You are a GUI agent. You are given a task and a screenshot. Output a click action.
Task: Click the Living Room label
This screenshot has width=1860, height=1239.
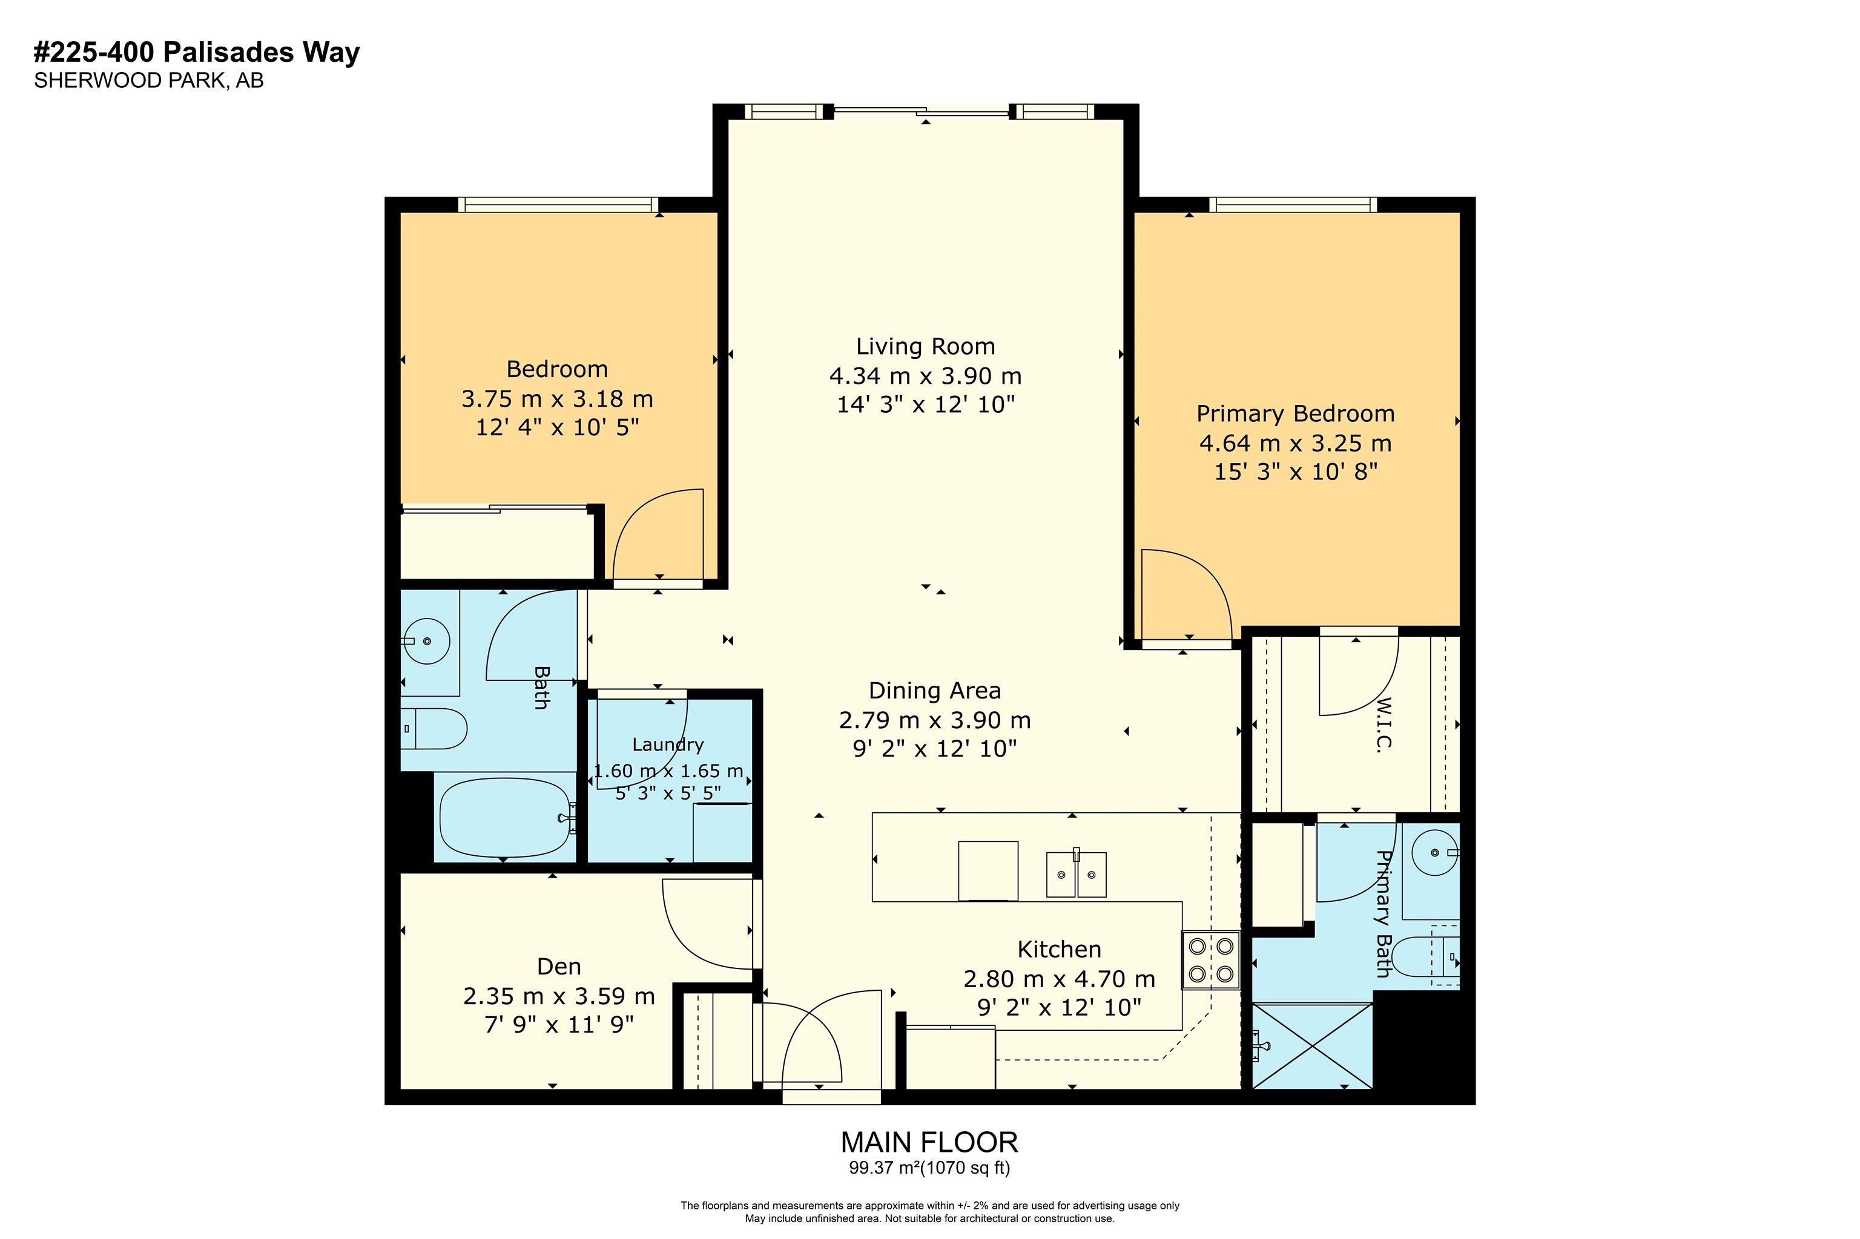pyautogui.click(x=925, y=346)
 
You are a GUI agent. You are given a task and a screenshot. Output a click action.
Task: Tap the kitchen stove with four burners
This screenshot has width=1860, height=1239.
pyautogui.click(x=1210, y=959)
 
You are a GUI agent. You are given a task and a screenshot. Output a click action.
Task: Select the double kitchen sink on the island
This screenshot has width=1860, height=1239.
pyautogui.click(x=1075, y=874)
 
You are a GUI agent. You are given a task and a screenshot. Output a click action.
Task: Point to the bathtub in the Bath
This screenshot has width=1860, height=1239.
pyautogui.click(x=506, y=817)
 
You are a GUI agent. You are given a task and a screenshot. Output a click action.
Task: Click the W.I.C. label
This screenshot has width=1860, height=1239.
pyautogui.click(x=1382, y=724)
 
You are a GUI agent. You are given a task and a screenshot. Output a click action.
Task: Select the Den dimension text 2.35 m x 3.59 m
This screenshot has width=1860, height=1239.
pyautogui.click(x=559, y=996)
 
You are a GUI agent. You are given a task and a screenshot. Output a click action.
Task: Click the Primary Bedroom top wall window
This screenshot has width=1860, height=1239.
pyautogui.click(x=1293, y=205)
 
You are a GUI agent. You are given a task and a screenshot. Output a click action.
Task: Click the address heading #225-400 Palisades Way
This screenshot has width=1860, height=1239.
pyautogui.click(x=196, y=52)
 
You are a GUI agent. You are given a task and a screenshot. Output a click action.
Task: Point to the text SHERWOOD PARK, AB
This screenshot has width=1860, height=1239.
pyautogui.click(x=148, y=81)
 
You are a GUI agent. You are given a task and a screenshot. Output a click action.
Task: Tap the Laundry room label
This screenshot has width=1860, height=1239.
pyautogui.click(x=668, y=744)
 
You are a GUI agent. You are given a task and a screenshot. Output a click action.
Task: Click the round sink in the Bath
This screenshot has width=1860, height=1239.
pyautogui.click(x=427, y=641)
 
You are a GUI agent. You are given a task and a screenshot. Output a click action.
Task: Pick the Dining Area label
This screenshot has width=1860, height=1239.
pyautogui.click(x=934, y=691)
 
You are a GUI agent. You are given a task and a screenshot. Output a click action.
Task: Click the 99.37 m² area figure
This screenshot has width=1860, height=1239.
pyautogui.click(x=885, y=1168)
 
